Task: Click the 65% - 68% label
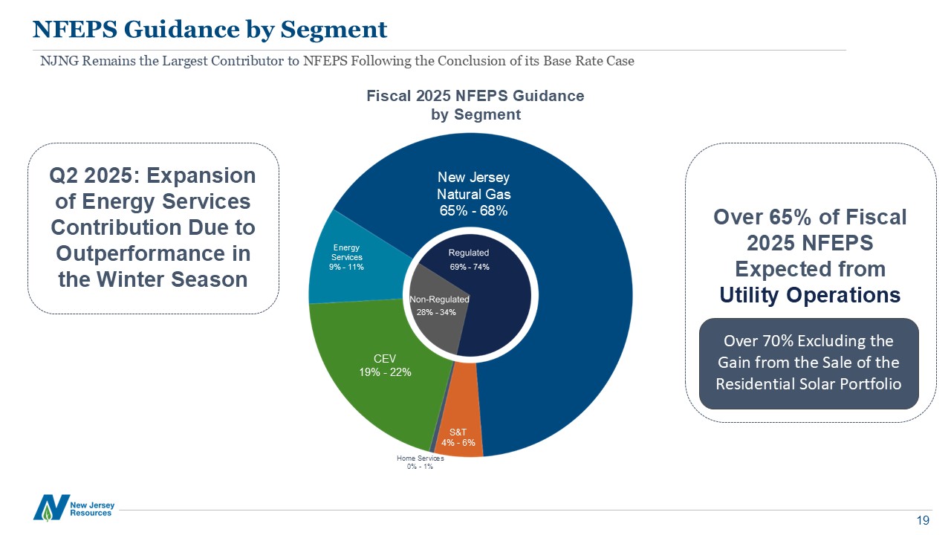(473, 210)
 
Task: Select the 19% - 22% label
(385, 372)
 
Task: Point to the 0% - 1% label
(420, 467)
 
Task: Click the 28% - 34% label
(436, 312)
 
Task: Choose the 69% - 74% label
(470, 266)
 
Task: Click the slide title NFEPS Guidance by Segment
(210, 29)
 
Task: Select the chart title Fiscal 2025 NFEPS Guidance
(475, 96)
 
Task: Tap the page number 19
(924, 520)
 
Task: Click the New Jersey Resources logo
(74, 507)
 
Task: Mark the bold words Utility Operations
(810, 295)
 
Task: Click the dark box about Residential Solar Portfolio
(808, 363)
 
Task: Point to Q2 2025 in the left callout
(93, 176)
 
